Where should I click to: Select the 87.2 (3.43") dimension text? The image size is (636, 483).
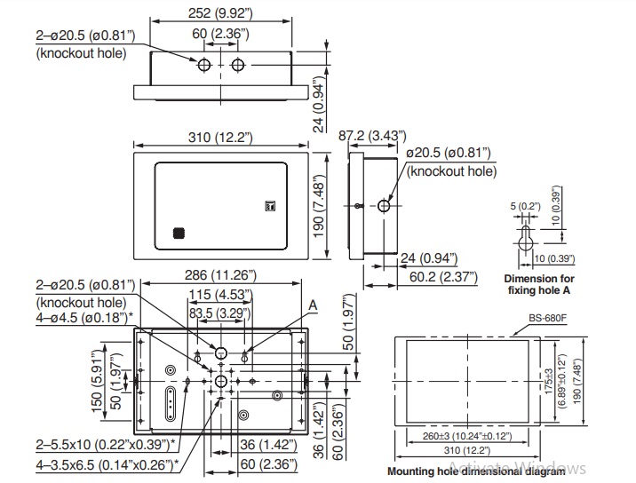click(373, 135)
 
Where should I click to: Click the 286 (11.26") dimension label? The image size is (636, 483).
click(220, 275)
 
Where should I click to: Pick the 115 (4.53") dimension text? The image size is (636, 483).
click(219, 296)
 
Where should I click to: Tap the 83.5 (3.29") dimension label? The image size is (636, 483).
click(220, 313)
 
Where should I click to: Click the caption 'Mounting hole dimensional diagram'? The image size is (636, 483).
click(476, 471)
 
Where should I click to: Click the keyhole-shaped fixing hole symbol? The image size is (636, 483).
click(527, 237)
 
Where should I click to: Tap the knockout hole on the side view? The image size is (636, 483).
click(384, 205)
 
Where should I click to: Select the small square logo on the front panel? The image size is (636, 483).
click(271, 208)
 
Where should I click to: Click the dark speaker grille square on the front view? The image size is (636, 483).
click(179, 234)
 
